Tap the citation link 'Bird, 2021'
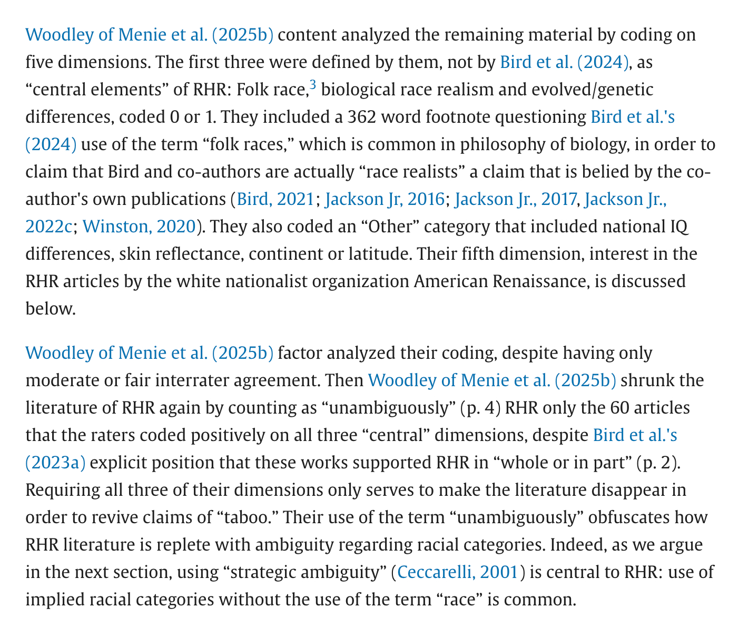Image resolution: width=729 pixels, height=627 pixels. click(x=275, y=199)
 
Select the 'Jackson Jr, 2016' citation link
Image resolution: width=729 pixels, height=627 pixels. click(x=385, y=199)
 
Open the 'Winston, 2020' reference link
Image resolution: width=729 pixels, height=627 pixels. click(x=139, y=227)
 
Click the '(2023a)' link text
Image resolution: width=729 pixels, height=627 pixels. click(x=55, y=463)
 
